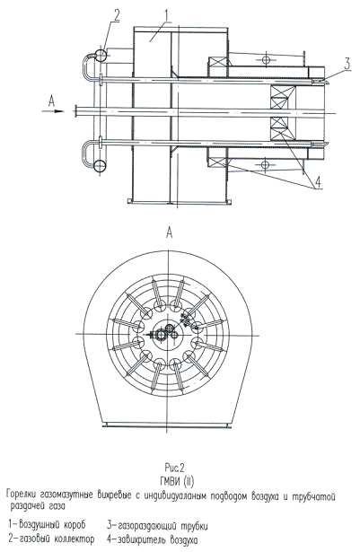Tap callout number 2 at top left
point(116,14)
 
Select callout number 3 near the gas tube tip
point(347,64)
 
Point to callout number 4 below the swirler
point(318,182)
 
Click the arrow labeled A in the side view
point(53,111)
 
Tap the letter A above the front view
point(170,232)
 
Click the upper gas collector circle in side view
point(101,55)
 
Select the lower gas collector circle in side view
point(101,165)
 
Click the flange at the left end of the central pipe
point(75,111)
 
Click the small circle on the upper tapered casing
point(266,59)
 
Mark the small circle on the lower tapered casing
point(266,164)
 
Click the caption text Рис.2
point(174,468)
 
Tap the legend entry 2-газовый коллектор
point(51,539)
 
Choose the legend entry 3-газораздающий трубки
point(157,526)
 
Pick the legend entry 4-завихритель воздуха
point(153,539)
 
